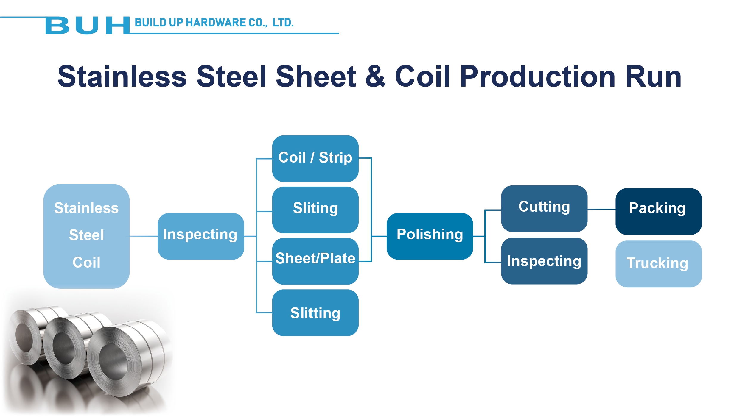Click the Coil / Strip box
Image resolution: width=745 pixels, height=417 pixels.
tap(315, 158)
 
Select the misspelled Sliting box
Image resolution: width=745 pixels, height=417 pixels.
tap(315, 210)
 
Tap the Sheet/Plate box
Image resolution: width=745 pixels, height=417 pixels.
tap(315, 261)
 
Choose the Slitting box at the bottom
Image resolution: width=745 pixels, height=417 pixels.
tap(315, 313)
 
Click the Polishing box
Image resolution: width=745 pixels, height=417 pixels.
tap(430, 236)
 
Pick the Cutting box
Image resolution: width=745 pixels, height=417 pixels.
tap(544, 209)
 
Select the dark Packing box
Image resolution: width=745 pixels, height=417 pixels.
tap(659, 211)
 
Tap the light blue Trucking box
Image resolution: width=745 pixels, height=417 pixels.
tap(659, 264)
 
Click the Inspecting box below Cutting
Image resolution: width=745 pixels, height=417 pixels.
tap(544, 261)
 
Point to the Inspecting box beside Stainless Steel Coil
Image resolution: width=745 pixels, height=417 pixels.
tap(201, 236)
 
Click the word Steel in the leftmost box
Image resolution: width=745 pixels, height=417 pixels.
tap(86, 235)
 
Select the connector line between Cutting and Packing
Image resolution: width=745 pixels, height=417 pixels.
tap(601, 210)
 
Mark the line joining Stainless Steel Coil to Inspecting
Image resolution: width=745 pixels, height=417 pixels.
tap(144, 236)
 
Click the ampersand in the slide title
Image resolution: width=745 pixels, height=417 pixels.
tap(375, 76)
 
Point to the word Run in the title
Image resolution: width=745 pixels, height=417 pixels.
tap(654, 77)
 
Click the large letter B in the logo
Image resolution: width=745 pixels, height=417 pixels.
tap(57, 25)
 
